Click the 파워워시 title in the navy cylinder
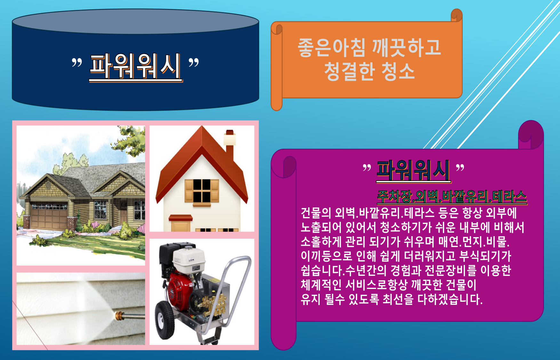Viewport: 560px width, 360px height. click(136, 67)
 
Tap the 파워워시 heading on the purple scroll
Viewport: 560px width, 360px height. click(413, 171)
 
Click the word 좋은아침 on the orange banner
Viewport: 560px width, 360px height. click(332, 48)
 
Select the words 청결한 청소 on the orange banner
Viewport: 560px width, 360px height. click(370, 71)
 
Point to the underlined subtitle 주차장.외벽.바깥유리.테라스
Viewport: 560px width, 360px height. click(452, 196)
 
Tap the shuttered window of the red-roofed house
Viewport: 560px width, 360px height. click(202, 191)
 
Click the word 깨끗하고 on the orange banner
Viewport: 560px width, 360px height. click(406, 48)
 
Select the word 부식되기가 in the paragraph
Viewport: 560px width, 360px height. click(485, 256)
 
